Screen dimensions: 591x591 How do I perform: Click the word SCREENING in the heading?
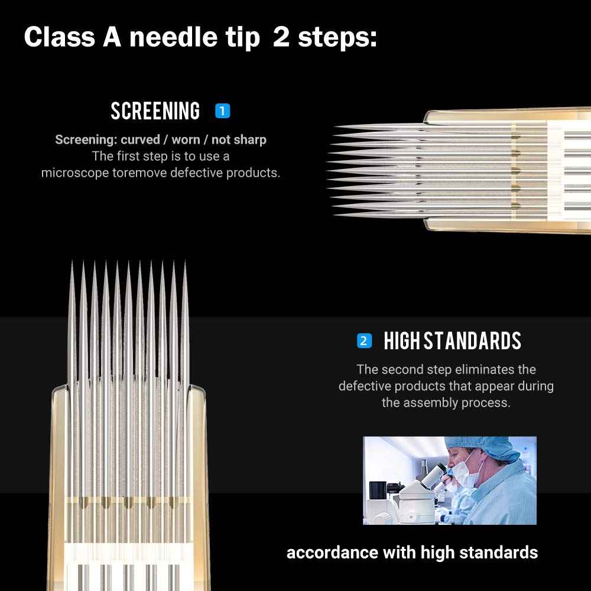pyautogui.click(x=155, y=111)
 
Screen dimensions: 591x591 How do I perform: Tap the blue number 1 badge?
pyautogui.click(x=222, y=111)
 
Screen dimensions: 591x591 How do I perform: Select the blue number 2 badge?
pyautogui.click(x=364, y=341)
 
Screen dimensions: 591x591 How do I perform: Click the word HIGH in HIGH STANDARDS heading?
pyautogui.click(x=401, y=341)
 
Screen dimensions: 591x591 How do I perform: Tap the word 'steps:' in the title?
pyautogui.click(x=337, y=37)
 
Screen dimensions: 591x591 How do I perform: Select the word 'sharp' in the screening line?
pyautogui.click(x=251, y=140)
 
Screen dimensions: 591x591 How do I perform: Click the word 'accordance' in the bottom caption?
pyautogui.click(x=332, y=553)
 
